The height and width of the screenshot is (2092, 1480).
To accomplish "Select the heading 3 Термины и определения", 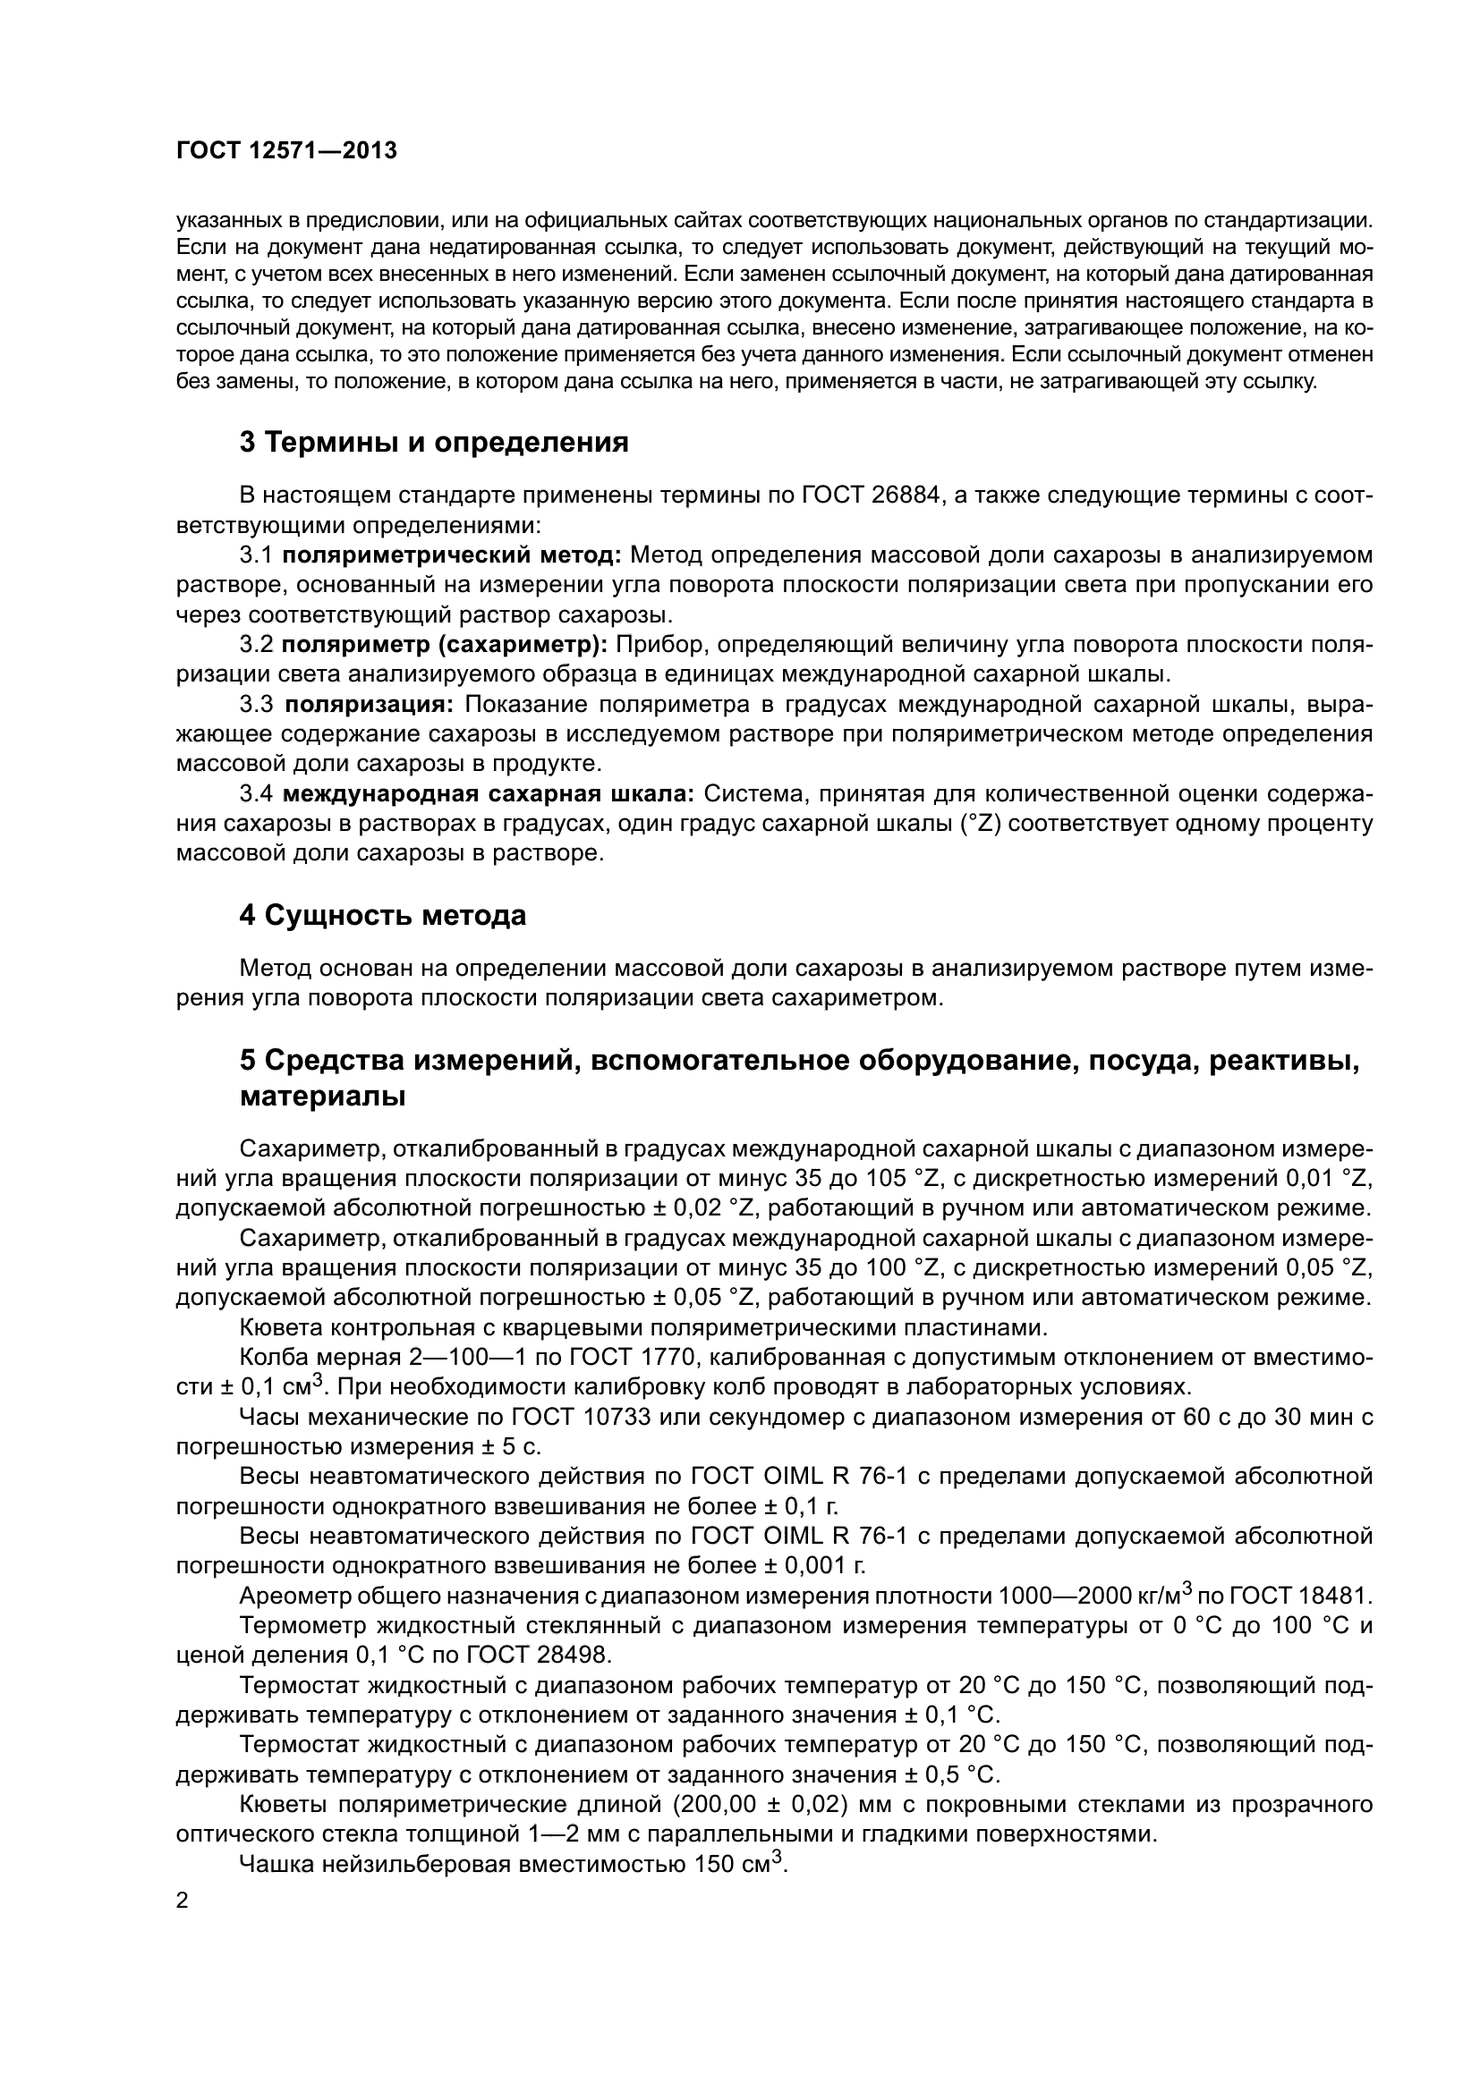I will click(x=434, y=443).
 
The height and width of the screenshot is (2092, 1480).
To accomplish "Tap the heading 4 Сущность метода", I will click(x=383, y=916).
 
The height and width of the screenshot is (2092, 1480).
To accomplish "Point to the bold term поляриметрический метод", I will click(x=452, y=555).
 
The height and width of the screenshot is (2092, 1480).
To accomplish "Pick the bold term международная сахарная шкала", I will click(x=489, y=794).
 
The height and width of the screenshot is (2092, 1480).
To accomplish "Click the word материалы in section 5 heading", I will click(x=323, y=1097).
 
